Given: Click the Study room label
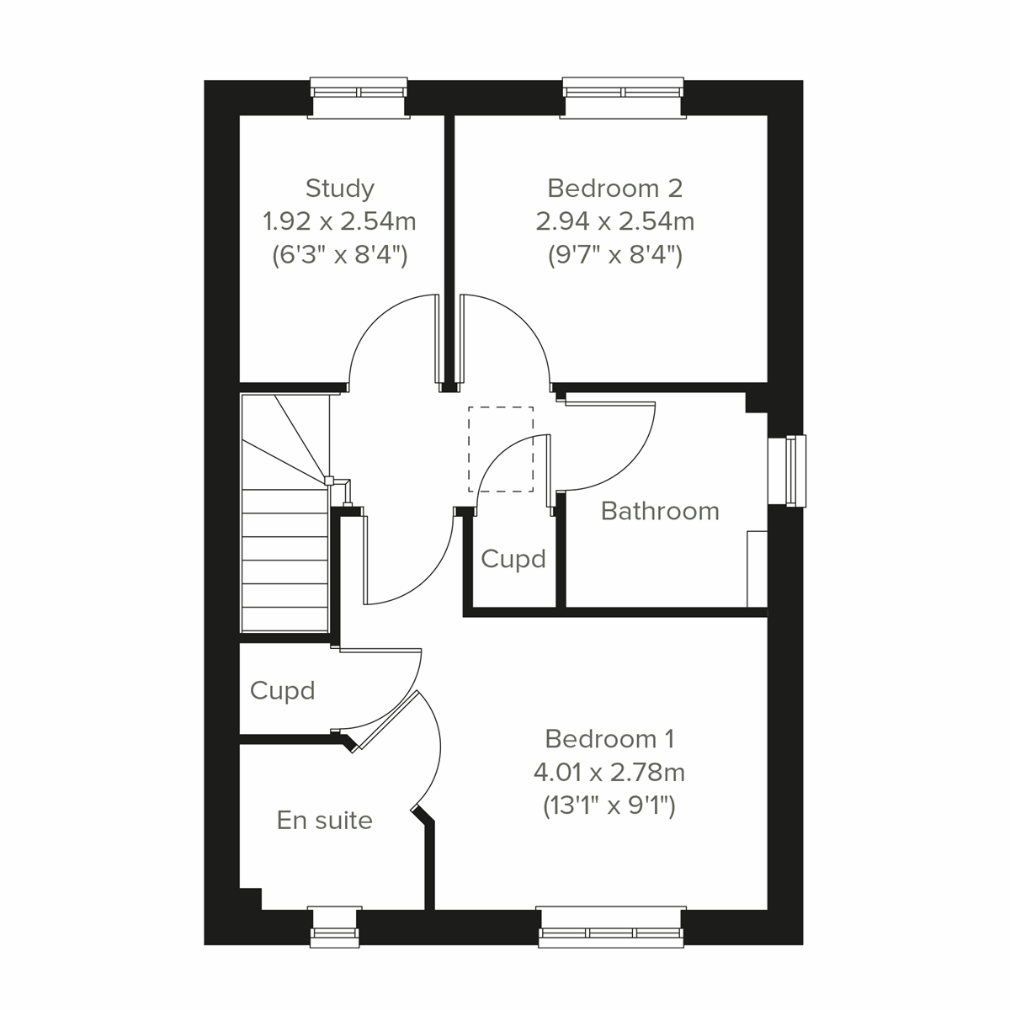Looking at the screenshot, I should pos(339,188).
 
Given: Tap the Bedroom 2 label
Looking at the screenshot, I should pos(614,188).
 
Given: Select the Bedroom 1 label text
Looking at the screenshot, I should pos(609,739).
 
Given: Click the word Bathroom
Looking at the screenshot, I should pos(660,511).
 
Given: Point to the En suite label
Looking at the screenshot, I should pos(324,820).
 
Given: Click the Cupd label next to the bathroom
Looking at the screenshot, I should pos(513,559).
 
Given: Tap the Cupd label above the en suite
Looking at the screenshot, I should pos(282,691).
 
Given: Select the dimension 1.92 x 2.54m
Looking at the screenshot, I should pos(339,221).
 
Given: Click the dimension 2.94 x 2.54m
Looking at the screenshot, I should pos(614,221).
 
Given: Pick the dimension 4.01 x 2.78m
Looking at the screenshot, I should pos(609,772).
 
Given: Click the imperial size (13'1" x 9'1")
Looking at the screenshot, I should pos(609,806).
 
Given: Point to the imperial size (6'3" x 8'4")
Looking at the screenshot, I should pos(339,255).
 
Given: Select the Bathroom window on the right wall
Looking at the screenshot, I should pos(791,470).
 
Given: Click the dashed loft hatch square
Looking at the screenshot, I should pos(501,449).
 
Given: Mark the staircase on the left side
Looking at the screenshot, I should pos(284,547).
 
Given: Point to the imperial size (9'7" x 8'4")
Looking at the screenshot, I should pos(614,255).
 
